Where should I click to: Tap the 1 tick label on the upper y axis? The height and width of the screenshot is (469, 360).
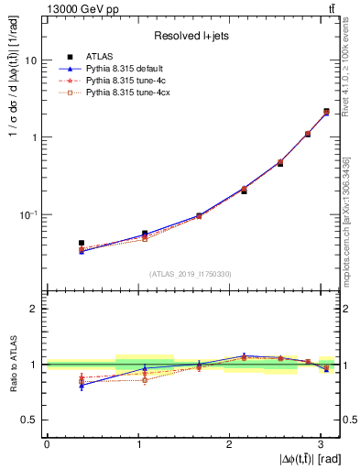point(36,137)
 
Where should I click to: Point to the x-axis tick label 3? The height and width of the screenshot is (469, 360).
point(321,443)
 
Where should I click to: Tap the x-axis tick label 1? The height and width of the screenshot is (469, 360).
point(138,443)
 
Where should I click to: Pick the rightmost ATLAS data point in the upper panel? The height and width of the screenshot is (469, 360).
point(326,112)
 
